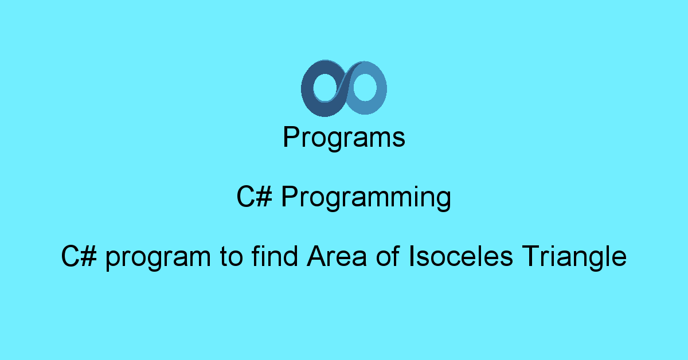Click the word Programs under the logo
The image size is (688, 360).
click(343, 138)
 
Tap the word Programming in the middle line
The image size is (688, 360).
click(366, 198)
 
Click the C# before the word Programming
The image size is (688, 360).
click(255, 196)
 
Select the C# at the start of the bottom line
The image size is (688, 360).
click(79, 256)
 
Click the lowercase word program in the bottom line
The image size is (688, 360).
click(158, 259)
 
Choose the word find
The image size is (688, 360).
click(275, 256)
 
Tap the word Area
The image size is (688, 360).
click(337, 256)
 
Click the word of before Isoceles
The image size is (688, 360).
click(388, 256)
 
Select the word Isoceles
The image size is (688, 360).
click(461, 256)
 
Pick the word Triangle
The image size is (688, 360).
click(574, 258)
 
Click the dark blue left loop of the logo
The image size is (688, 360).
click(307, 89)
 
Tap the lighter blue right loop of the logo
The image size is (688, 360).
click(381, 88)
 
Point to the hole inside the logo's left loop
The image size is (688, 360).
click(326, 87)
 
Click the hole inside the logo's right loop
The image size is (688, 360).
click(365, 87)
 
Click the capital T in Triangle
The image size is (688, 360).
click(531, 256)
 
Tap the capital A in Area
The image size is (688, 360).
click(317, 256)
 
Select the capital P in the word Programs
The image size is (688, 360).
click(291, 136)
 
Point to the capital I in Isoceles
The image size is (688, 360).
click(411, 256)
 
